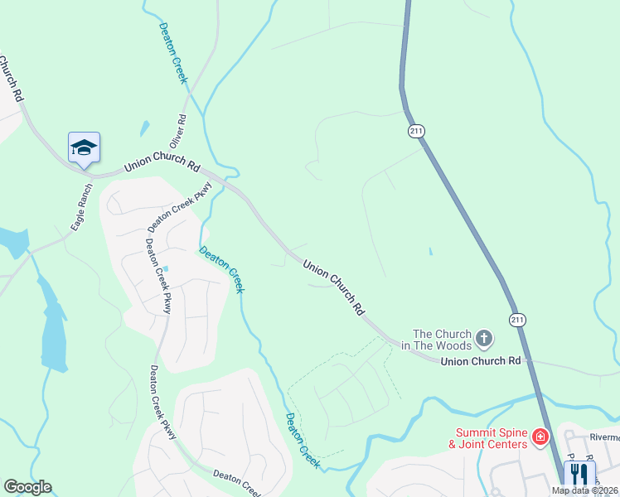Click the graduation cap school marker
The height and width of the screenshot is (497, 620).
[84, 148]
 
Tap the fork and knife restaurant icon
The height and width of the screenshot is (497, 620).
[579, 475]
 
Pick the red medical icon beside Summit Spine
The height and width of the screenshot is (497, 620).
[540, 437]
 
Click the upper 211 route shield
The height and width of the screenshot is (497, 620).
[416, 131]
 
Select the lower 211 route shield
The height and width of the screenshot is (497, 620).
[517, 319]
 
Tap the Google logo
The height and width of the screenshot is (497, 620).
[27, 487]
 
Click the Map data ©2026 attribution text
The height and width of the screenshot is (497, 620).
[584, 490]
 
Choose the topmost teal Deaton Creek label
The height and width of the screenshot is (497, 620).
[173, 52]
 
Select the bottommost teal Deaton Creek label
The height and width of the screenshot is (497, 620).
[303, 441]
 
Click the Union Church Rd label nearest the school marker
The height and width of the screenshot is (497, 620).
[162, 166]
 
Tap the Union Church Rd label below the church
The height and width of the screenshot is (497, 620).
[480, 361]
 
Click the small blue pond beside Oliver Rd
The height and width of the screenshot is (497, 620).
[145, 128]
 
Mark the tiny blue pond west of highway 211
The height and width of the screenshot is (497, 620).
[430, 252]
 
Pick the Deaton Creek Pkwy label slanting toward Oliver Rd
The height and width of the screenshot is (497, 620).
[180, 206]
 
